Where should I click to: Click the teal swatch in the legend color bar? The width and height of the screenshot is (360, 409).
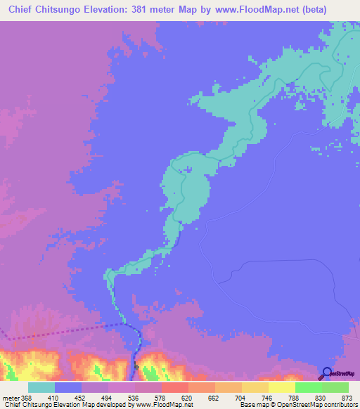click(x=41, y=387)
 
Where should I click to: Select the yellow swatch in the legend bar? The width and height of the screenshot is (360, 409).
click(x=281, y=387)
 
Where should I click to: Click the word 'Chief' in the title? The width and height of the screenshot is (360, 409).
click(x=22, y=10)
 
